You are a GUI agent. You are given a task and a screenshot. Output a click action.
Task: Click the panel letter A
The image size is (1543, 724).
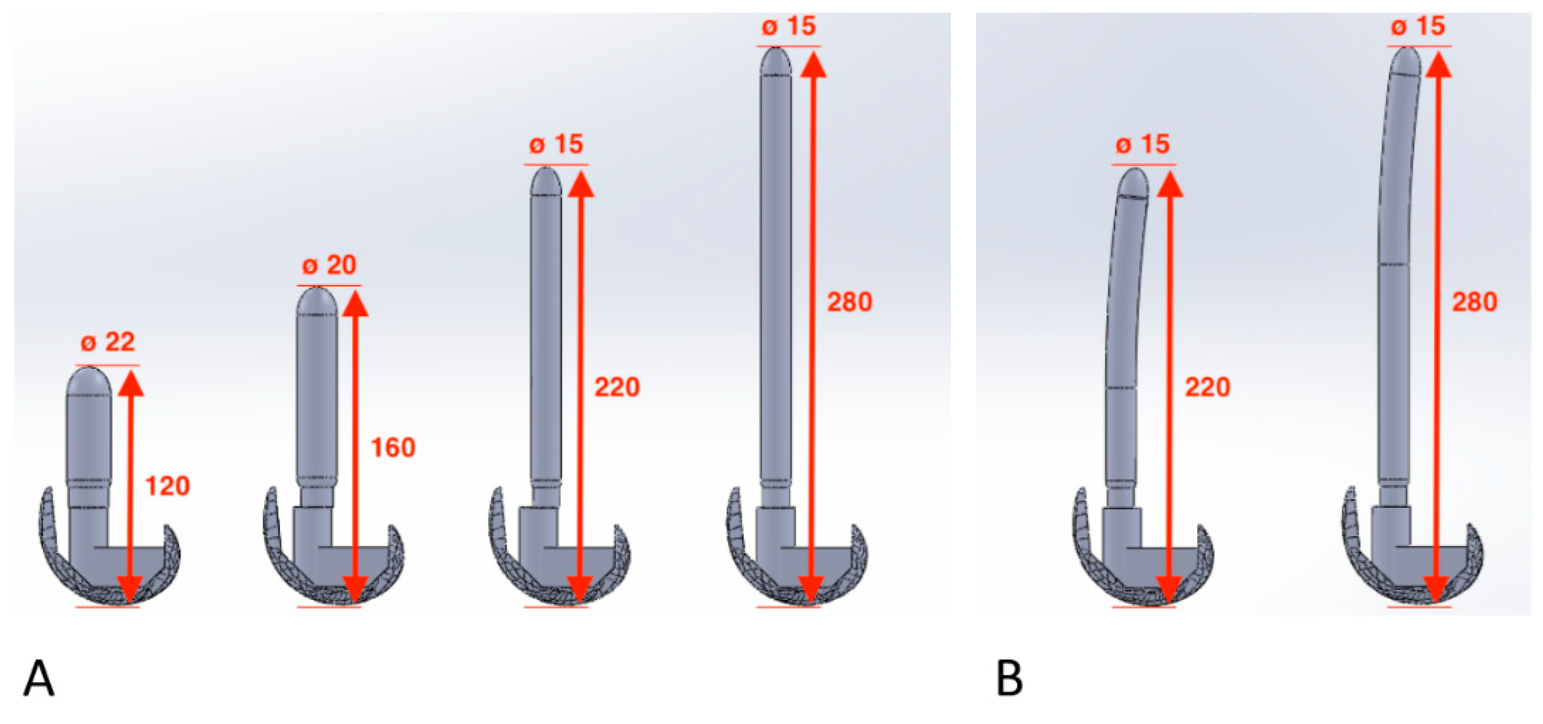[39, 678]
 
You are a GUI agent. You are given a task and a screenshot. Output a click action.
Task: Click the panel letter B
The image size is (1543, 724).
[1009, 678]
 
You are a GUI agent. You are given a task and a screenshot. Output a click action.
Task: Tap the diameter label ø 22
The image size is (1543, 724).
[108, 343]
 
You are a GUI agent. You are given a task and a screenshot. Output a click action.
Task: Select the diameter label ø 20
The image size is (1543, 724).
[329, 265]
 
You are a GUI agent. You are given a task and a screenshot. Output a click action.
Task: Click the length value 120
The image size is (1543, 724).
[168, 485]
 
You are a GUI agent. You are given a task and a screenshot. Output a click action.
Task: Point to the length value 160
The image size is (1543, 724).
[393, 448]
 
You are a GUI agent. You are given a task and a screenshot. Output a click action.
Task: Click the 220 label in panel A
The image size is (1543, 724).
[617, 388]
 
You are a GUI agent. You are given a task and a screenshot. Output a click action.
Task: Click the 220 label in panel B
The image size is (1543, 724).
[1208, 388]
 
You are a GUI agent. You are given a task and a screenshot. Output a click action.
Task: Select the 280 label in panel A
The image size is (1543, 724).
[849, 302]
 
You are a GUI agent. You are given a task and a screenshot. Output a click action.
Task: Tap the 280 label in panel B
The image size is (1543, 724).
[1474, 302]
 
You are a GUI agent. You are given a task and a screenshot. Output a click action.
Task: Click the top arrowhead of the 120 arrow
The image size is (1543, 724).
[131, 383]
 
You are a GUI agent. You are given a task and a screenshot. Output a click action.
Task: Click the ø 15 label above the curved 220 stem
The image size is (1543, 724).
[1142, 145]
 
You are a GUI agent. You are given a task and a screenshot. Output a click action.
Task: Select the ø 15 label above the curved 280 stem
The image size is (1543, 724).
[1418, 26]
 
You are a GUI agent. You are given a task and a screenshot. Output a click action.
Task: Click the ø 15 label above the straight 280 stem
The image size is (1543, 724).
[788, 26]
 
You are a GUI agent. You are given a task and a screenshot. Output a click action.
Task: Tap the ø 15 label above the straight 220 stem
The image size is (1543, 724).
[556, 145]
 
